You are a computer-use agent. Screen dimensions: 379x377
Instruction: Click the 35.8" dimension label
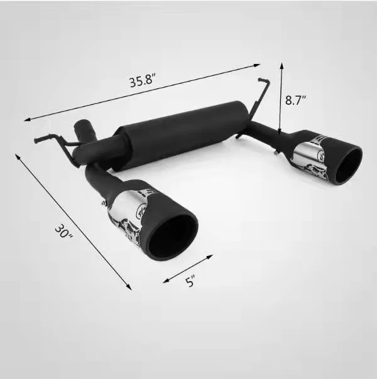coord(143,82)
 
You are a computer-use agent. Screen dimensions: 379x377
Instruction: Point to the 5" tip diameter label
coord(189,282)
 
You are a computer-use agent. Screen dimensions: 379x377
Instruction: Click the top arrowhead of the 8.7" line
coord(281,63)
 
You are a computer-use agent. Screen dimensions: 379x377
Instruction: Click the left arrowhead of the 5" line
coord(165,280)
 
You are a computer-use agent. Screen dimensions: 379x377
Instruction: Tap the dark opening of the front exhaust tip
coord(173,235)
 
